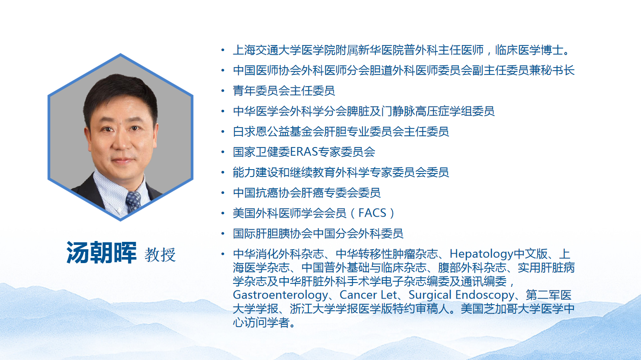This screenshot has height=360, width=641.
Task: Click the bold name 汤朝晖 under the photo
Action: [x=101, y=253]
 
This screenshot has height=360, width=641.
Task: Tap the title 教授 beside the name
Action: [x=160, y=255]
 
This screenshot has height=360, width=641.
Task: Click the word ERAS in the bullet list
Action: [x=304, y=152]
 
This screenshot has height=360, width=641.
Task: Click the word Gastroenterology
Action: [x=280, y=295]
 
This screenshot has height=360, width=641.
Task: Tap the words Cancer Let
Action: [x=368, y=295]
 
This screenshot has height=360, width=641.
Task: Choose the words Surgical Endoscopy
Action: [x=461, y=295]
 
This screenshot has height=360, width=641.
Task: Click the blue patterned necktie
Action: [x=133, y=201]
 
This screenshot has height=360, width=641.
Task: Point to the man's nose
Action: [x=122, y=140]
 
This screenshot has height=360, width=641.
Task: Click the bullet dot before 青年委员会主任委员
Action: [x=223, y=91]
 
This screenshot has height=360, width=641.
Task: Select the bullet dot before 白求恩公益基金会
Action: [x=223, y=132]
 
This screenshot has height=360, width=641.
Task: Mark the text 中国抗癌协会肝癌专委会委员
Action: [x=307, y=193]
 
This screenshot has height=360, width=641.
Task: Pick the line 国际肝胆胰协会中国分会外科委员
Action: [x=318, y=234]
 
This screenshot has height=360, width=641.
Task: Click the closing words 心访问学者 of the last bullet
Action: [x=261, y=322]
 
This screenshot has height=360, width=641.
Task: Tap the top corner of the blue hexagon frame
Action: [x=121, y=54]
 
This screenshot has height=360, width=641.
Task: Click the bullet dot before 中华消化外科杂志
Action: [x=223, y=254]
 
